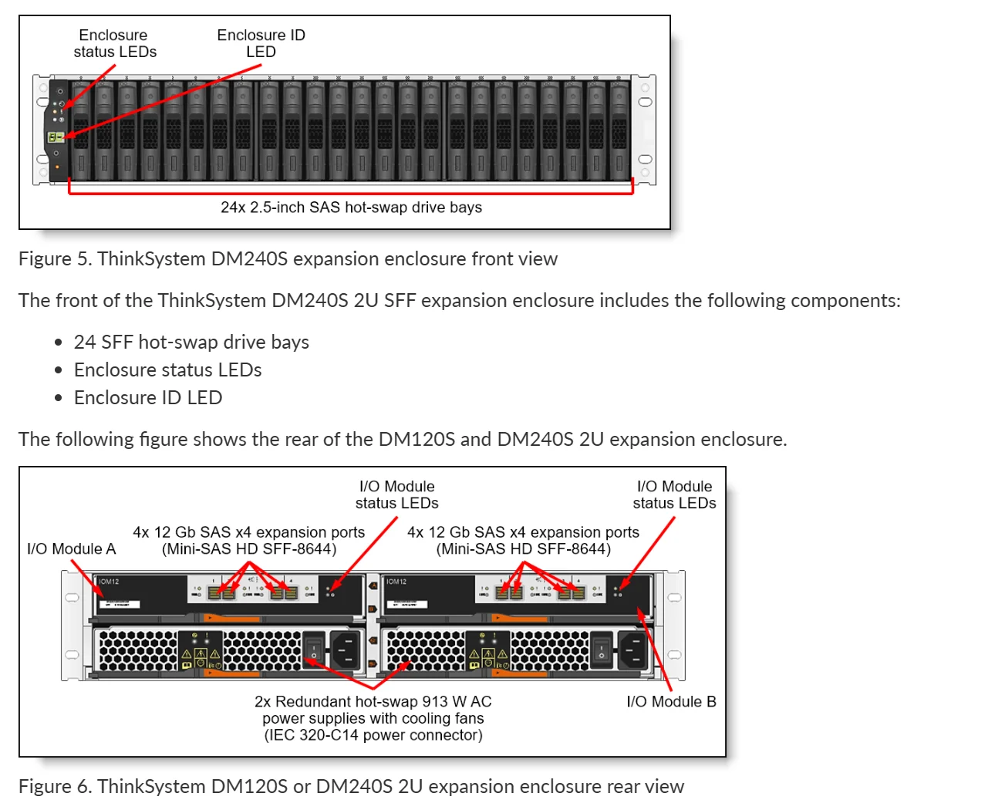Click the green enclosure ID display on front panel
[55, 137]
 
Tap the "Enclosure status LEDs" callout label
[115, 44]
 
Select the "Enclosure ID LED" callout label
[261, 44]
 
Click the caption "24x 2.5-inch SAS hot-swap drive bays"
[351, 208]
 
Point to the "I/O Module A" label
[71, 549]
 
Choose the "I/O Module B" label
[671, 702]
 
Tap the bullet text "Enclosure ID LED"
[148, 398]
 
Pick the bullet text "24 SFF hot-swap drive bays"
[191, 343]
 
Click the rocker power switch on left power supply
[314, 649]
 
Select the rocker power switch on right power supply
[601, 649]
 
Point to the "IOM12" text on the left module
[109, 582]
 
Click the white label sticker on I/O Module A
[121, 603]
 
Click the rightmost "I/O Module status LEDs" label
[674, 495]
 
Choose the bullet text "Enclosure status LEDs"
[167, 370]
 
